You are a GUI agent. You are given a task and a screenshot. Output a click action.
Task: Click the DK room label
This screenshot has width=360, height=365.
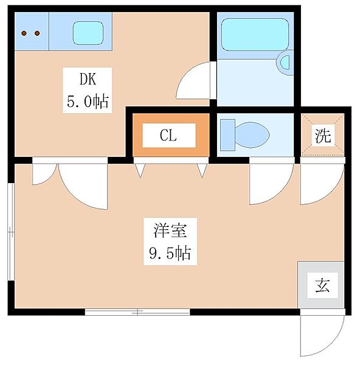tap(88, 79)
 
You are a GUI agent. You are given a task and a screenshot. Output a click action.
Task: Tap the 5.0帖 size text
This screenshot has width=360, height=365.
tap(88, 101)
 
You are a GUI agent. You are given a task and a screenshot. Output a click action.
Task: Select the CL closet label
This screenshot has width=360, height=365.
tap(168, 135)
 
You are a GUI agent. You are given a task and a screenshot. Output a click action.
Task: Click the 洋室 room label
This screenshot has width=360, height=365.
tap(170, 231)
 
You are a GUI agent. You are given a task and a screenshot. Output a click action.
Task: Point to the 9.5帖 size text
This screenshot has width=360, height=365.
tap(170, 253)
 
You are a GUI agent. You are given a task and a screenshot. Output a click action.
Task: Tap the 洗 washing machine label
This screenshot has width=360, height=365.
tap(323, 136)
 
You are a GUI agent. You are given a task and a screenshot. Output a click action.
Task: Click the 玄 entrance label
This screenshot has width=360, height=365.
tap(322, 285)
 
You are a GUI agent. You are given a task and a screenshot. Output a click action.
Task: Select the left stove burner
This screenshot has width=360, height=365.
tap(24, 33)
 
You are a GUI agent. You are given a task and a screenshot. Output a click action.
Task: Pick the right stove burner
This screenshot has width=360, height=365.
tap(37, 33)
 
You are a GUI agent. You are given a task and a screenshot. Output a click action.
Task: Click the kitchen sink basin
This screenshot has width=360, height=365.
tap(88, 33)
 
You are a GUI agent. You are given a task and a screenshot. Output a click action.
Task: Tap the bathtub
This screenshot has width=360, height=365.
tap(255, 35)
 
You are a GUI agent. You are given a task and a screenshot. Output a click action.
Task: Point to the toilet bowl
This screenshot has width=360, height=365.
tap(252, 135)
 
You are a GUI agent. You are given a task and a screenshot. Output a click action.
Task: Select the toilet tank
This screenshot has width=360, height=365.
tap(227, 135)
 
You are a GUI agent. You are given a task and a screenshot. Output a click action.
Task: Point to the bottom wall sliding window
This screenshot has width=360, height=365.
tap(137, 312)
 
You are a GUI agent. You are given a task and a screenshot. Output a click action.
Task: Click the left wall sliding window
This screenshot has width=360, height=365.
tap(11, 232)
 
